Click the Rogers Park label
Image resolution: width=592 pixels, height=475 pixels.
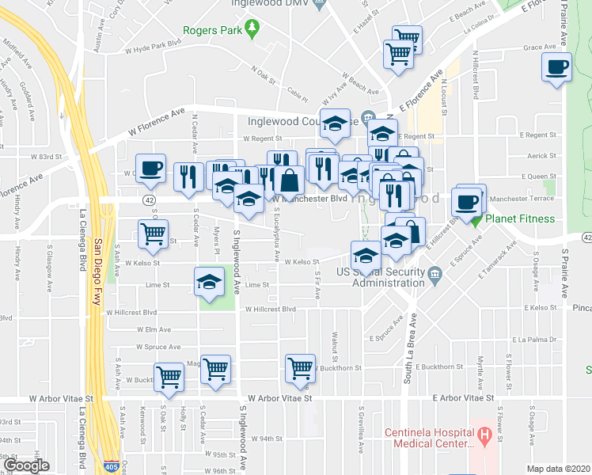pyautogui.click(x=211, y=31)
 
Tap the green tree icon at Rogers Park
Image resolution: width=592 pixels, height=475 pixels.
pyautogui.click(x=252, y=30)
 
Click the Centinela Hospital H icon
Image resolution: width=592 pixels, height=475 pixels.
pyautogui.click(x=485, y=433)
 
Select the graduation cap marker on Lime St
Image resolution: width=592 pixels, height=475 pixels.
pyautogui.click(x=209, y=282)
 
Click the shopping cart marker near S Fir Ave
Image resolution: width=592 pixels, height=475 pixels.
pyautogui.click(x=300, y=368)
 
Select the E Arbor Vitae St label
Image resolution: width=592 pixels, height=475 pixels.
pyautogui.click(x=463, y=398)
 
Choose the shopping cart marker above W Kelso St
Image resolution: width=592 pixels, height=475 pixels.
pyautogui.click(x=153, y=234)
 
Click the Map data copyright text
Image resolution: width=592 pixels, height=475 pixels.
pyautogui.click(x=559, y=469)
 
